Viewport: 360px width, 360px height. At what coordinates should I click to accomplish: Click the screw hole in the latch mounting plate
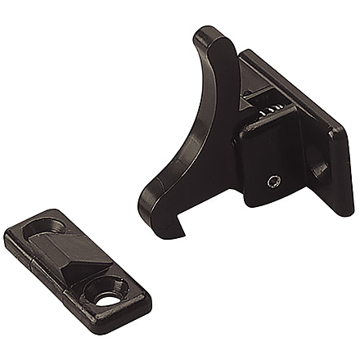pos(320,169)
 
